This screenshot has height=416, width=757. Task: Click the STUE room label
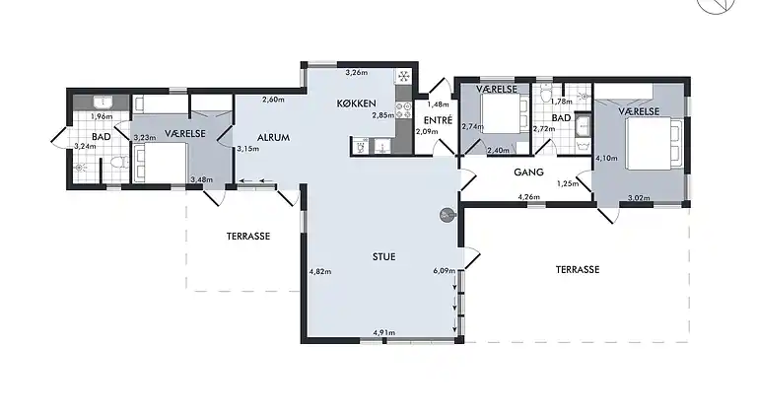(x=383, y=256)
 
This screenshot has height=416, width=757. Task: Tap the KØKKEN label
(x=356, y=104)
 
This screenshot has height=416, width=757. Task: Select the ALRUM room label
(x=273, y=138)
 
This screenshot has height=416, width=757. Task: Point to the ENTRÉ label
(x=438, y=119)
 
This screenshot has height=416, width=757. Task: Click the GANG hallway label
(x=528, y=172)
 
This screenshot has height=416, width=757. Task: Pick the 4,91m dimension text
(x=383, y=332)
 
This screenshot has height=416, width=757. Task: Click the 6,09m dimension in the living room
(x=445, y=271)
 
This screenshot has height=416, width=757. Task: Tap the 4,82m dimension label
(x=320, y=271)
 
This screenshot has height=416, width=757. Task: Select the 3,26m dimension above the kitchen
(x=356, y=73)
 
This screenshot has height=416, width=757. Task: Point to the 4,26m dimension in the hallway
(x=528, y=197)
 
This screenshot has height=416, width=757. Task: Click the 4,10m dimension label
(x=607, y=158)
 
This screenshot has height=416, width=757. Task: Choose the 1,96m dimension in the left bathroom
(x=102, y=116)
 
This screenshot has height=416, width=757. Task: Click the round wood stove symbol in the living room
(x=447, y=215)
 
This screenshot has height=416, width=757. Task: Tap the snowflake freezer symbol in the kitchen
(x=403, y=76)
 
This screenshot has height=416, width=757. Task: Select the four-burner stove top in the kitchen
(x=403, y=110)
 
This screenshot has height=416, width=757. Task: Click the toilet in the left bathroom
(x=118, y=162)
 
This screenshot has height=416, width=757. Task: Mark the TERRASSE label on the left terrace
(x=248, y=237)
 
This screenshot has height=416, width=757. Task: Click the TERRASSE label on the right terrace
(x=578, y=270)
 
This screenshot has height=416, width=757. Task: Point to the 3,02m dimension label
(x=639, y=198)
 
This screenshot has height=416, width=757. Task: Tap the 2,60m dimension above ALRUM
(x=273, y=100)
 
